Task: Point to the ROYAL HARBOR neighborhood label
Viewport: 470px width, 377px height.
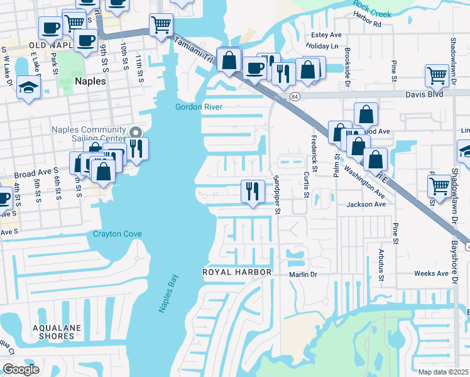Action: (236, 272)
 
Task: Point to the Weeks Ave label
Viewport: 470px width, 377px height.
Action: (431, 273)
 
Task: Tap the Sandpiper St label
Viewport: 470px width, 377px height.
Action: (276, 194)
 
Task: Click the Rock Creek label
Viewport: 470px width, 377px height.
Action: (371, 9)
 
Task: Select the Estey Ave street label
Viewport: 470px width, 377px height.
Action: (326, 35)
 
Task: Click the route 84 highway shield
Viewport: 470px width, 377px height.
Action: (294, 96)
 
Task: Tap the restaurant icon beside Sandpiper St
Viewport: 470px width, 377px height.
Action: (253, 190)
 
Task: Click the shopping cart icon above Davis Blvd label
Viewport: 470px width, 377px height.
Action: (436, 75)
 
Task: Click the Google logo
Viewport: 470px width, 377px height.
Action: (21, 369)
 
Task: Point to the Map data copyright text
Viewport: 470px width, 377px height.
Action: (443, 372)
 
